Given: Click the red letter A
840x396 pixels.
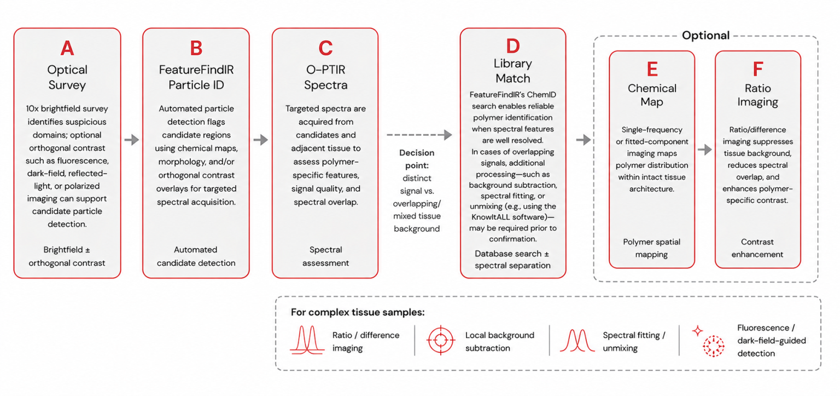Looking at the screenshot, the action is pyautogui.click(x=67, y=48).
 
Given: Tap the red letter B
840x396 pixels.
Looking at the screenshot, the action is pyautogui.click(x=196, y=48).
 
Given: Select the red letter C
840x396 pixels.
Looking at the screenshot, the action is pyautogui.click(x=325, y=48).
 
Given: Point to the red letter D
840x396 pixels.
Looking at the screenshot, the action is pyautogui.click(x=513, y=46).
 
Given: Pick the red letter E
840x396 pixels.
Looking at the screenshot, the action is pyautogui.click(x=652, y=69).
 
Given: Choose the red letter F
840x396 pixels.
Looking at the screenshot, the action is pyautogui.click(x=758, y=69).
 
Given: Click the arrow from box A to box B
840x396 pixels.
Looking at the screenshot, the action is pyautogui.click(x=132, y=140).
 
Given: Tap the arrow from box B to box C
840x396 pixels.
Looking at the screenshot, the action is pyautogui.click(x=261, y=140).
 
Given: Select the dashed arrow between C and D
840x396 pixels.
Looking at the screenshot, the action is pyautogui.click(x=419, y=135).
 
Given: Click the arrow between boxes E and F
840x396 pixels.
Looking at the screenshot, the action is pyautogui.click(x=704, y=150).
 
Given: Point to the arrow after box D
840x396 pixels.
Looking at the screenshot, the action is pyautogui.click(x=584, y=140).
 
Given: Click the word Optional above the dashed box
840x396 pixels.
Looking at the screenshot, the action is pyautogui.click(x=706, y=35).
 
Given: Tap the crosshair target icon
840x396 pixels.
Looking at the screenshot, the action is pyautogui.click(x=441, y=340).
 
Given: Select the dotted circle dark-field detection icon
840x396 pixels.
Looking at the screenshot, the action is pyautogui.click(x=713, y=346).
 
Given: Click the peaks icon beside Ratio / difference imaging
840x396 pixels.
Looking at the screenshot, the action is pyautogui.click(x=307, y=340).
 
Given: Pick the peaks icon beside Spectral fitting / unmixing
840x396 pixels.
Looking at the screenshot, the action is pyautogui.click(x=577, y=340).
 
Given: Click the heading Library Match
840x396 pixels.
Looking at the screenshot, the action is pyautogui.click(x=512, y=71).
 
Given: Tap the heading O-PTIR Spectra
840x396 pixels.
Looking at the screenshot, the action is pyautogui.click(x=325, y=77).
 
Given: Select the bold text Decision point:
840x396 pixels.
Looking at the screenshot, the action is pyautogui.click(x=417, y=159).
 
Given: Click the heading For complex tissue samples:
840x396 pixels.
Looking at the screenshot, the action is pyautogui.click(x=358, y=312).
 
